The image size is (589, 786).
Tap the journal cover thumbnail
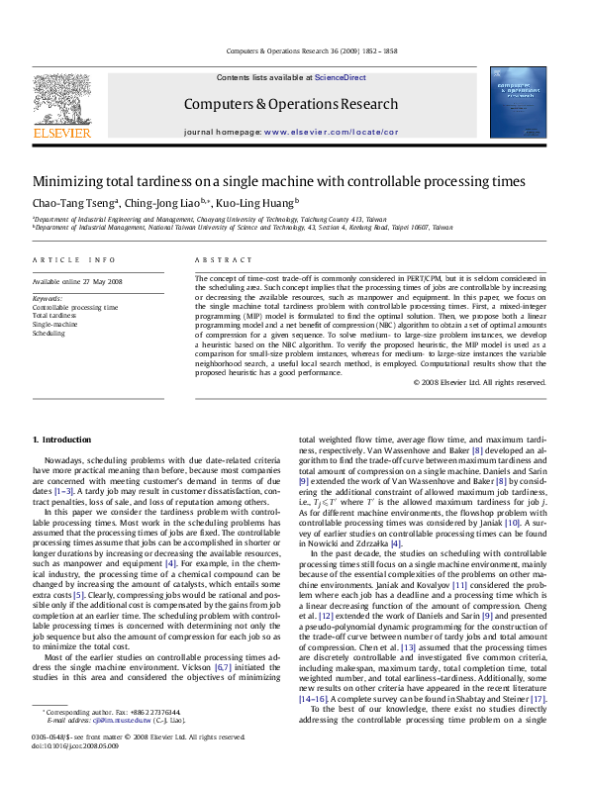click(x=519, y=101)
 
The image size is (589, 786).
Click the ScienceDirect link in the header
click(x=340, y=77)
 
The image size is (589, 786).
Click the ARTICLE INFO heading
click(x=73, y=260)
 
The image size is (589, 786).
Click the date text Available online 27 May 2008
click(x=77, y=282)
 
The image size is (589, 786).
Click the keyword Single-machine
click(x=55, y=325)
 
